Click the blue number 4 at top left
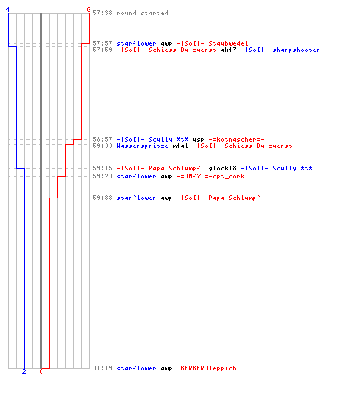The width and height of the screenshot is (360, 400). click(x=8, y=10)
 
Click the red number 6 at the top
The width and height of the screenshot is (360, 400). click(x=89, y=10)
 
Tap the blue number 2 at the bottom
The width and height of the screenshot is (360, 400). click(x=24, y=371)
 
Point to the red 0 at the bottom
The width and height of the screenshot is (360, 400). click(x=41, y=371)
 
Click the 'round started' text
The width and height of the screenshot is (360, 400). click(x=142, y=13)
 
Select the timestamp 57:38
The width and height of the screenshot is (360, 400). click(x=102, y=13)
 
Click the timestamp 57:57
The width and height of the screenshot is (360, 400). click(x=102, y=43)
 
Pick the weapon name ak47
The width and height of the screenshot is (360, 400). click(x=228, y=50)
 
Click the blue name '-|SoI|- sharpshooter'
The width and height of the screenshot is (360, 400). click(x=280, y=50)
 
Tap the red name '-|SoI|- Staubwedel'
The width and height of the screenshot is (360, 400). click(x=212, y=43)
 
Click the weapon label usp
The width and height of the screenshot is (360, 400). click(x=198, y=139)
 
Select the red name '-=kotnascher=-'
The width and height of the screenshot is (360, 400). click(x=236, y=139)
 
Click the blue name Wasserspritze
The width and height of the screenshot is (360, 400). click(x=142, y=146)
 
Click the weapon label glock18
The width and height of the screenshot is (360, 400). click(x=222, y=168)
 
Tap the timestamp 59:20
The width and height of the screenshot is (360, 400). click(x=102, y=176)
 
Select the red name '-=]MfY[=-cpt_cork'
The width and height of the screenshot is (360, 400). click(x=210, y=176)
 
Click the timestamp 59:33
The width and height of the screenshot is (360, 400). click(x=102, y=198)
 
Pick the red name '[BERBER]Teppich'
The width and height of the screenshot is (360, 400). click(x=206, y=368)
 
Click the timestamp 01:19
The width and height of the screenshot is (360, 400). click(x=102, y=368)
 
